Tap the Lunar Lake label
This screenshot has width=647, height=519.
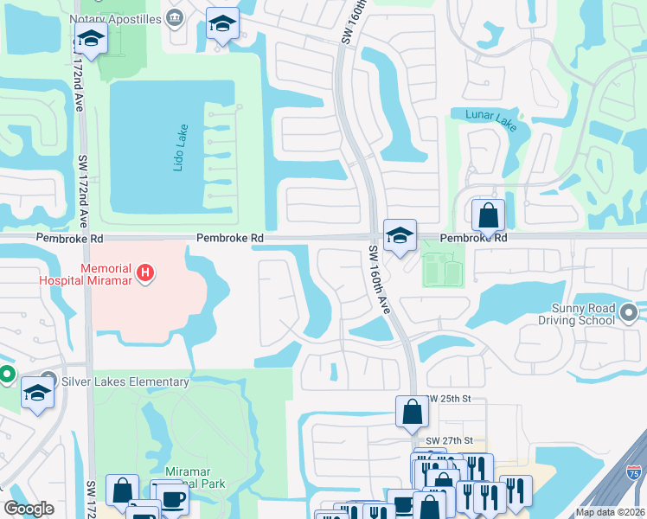490,120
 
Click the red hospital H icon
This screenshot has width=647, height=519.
145,274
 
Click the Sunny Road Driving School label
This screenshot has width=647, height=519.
583,314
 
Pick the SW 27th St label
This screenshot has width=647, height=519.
450,440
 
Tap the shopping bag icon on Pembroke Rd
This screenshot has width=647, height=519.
488,215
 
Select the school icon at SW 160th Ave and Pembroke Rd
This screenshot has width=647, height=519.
400,235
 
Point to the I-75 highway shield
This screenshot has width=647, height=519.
636,473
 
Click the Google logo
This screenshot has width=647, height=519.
29,509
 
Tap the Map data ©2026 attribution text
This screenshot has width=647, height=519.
609,512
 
